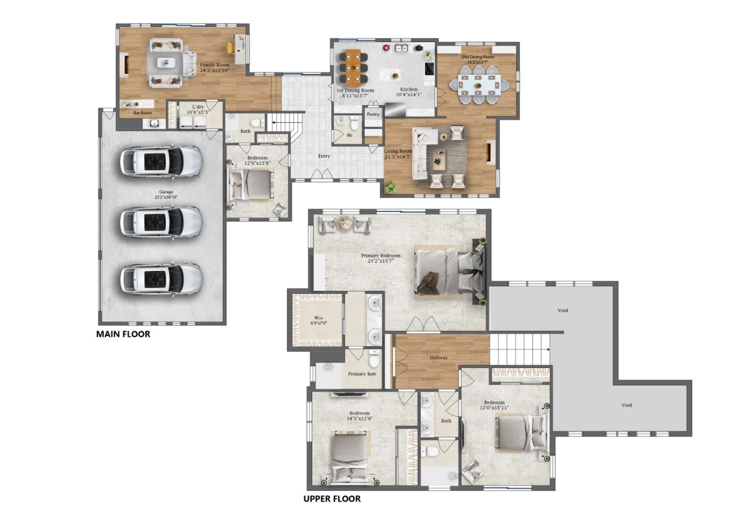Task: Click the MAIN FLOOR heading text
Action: [x=123, y=334]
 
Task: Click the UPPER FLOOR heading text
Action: [x=332, y=499]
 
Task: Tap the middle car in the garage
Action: [x=161, y=221]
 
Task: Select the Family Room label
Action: [x=214, y=65]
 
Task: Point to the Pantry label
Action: [x=373, y=114]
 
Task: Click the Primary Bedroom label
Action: [x=380, y=256]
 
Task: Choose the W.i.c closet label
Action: [x=319, y=318]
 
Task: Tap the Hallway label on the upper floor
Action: [x=439, y=358]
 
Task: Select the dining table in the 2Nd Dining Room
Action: [x=478, y=85]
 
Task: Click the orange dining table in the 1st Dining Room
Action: [x=353, y=66]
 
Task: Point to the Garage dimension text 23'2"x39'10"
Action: [x=166, y=197]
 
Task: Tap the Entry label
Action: [x=324, y=156]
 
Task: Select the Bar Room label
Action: [x=142, y=113]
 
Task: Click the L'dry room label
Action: [x=197, y=107]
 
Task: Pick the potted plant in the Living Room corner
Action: [x=390, y=187]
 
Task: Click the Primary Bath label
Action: [x=362, y=374]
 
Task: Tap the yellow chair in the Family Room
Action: [x=230, y=47]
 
